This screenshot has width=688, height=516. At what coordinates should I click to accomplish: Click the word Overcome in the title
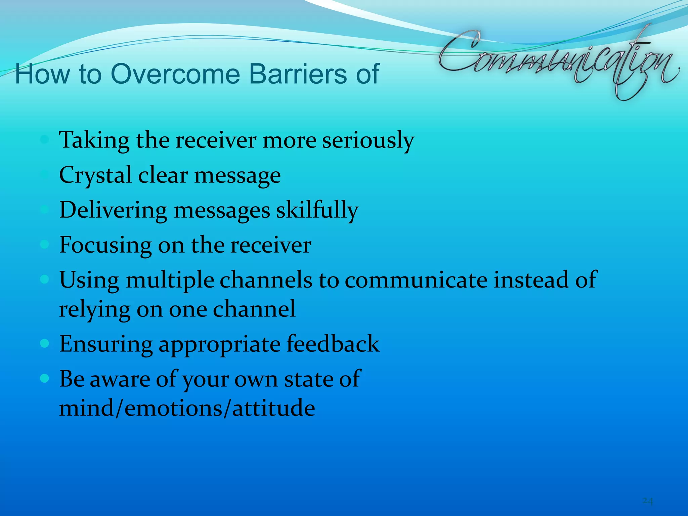click(x=175, y=74)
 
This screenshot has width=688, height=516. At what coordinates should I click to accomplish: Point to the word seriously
click(x=368, y=140)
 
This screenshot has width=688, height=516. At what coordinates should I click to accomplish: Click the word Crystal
click(x=95, y=175)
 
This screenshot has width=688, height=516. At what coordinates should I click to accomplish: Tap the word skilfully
click(x=317, y=210)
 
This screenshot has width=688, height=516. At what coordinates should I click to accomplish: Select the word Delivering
click(x=113, y=210)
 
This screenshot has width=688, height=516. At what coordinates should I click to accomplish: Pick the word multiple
click(x=170, y=280)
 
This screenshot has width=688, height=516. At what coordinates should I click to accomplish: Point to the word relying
click(x=94, y=309)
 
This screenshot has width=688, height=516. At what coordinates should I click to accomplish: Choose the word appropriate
click(x=219, y=345)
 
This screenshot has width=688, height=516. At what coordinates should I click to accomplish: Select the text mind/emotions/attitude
click(x=187, y=408)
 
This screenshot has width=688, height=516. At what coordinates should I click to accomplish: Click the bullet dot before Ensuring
click(x=44, y=344)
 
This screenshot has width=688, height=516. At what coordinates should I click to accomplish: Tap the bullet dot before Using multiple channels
click(x=44, y=279)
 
